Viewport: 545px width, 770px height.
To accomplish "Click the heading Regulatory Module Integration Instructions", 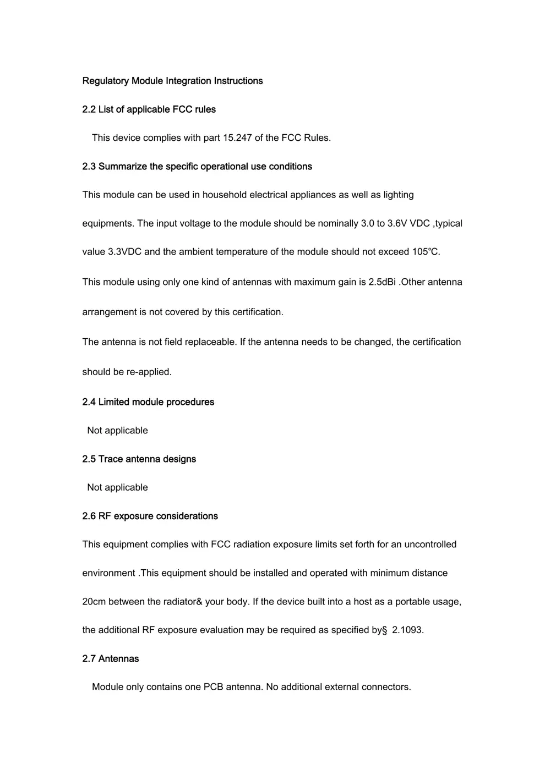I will [x=172, y=81].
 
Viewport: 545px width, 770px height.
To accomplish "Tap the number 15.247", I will [x=237, y=138].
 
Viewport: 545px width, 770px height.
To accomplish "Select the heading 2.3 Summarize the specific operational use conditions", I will [x=197, y=167].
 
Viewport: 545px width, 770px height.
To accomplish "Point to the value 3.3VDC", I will [x=124, y=252].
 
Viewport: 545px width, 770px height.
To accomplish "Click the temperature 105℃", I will [x=426, y=252].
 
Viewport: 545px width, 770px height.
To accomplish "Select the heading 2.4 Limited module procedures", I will [x=148, y=402].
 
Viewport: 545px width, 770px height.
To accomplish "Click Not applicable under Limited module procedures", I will [x=117, y=431].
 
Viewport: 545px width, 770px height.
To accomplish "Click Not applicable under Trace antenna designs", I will [x=117, y=488].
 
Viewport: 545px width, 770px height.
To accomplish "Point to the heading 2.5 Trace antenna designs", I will [x=139, y=459].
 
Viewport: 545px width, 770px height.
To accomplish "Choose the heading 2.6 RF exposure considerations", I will [x=150, y=516].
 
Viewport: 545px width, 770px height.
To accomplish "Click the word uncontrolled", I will [x=430, y=544].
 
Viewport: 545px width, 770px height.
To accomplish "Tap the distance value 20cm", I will [x=94, y=602].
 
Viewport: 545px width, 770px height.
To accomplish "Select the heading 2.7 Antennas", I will [x=110, y=659].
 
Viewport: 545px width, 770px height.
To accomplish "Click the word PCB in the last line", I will [x=213, y=687].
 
